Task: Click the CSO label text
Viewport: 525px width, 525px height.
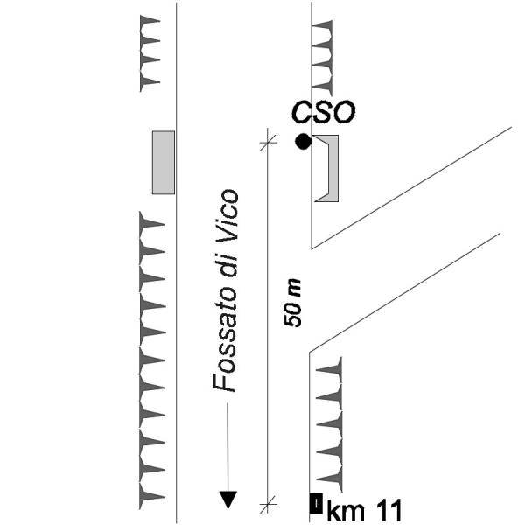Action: pyautogui.click(x=324, y=112)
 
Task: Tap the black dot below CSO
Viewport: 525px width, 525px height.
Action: pyautogui.click(x=303, y=141)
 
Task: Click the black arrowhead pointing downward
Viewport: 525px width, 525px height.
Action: pyautogui.click(x=227, y=500)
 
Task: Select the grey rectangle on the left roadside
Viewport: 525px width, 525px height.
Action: pyautogui.click(x=164, y=162)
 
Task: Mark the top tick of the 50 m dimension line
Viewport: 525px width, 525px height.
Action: pyautogui.click(x=268, y=137)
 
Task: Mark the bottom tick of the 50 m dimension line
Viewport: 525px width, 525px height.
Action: pyautogui.click(x=268, y=502)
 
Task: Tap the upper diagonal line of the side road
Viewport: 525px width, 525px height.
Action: pyautogui.click(x=411, y=187)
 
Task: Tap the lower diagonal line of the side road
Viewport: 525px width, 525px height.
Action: pyautogui.click(x=402, y=292)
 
